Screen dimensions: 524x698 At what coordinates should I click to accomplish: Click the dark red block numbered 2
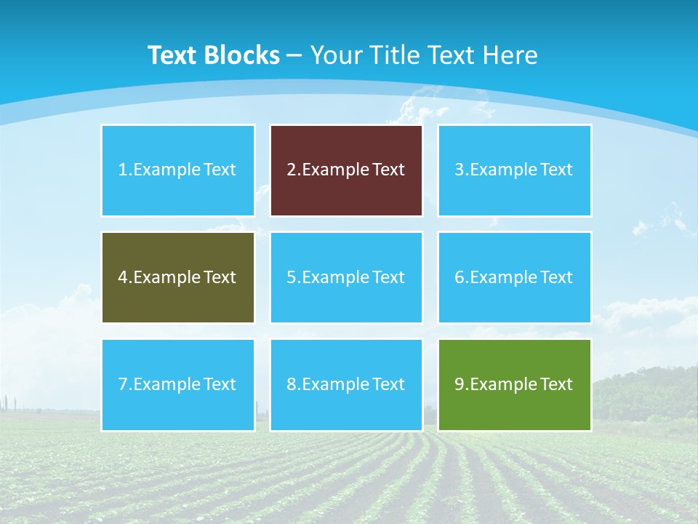[346, 170]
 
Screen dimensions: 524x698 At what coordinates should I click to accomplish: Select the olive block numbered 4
[178, 277]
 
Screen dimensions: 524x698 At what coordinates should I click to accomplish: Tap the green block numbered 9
[514, 384]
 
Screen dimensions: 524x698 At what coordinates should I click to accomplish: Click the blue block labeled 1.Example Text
[178, 170]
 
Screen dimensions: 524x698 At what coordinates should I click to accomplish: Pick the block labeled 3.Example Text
[514, 170]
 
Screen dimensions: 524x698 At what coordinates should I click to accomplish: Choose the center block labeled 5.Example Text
[346, 277]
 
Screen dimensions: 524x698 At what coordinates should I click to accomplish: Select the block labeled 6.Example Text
[514, 277]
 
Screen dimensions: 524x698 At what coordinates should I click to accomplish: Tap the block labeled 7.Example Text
[178, 384]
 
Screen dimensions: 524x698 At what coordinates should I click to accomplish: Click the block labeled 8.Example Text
[346, 384]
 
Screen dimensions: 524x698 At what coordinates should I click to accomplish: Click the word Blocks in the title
[242, 55]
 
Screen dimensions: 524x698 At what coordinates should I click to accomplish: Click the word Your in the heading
[337, 55]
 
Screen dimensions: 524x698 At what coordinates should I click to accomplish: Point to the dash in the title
[295, 56]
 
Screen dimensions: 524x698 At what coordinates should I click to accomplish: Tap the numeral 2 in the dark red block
[291, 170]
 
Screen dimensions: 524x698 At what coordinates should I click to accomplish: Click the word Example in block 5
[336, 277]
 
